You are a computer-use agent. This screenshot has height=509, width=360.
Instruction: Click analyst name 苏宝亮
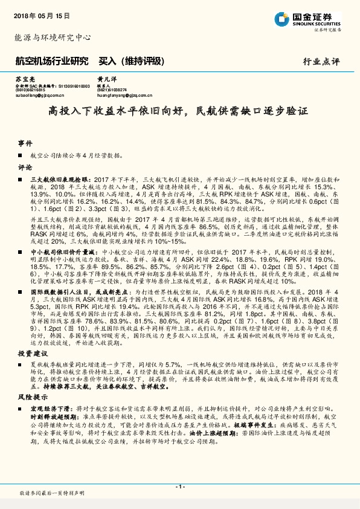(24, 80)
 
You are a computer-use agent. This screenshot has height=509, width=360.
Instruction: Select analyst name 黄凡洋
(104, 80)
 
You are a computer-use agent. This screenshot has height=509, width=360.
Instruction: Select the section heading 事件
(25, 143)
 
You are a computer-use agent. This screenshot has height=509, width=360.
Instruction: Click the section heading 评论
(25, 167)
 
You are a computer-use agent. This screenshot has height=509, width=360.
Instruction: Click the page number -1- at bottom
(179, 487)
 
